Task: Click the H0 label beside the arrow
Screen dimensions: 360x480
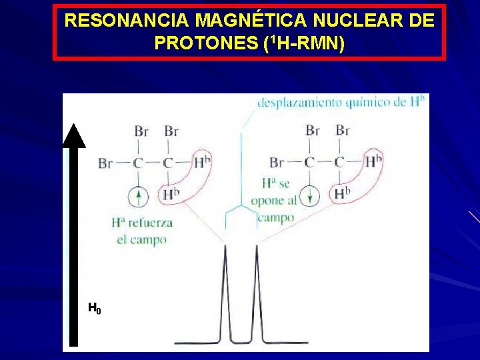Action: (95, 308)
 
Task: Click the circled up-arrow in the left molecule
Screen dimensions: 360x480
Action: (139, 197)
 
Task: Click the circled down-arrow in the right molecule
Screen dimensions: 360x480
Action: (310, 197)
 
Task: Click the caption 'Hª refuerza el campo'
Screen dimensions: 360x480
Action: (142, 231)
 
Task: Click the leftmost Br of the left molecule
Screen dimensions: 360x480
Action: (105, 163)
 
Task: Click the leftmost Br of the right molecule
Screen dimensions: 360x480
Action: (277, 163)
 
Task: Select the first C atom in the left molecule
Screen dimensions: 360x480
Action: (139, 163)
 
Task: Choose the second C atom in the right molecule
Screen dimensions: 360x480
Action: (340, 162)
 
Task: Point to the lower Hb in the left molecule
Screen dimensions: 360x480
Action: (171, 195)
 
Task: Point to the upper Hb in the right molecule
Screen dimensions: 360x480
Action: (374, 161)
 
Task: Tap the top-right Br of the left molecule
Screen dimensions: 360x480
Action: (171, 131)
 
